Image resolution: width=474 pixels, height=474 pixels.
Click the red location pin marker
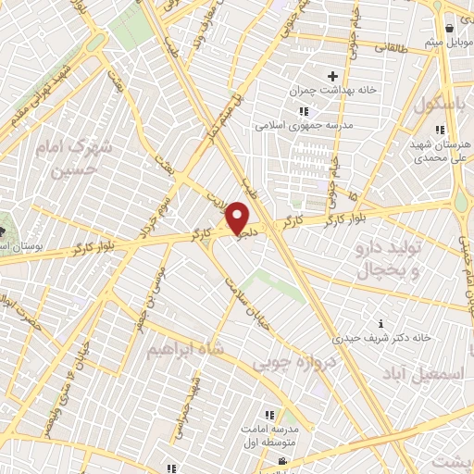[x=239, y=218]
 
